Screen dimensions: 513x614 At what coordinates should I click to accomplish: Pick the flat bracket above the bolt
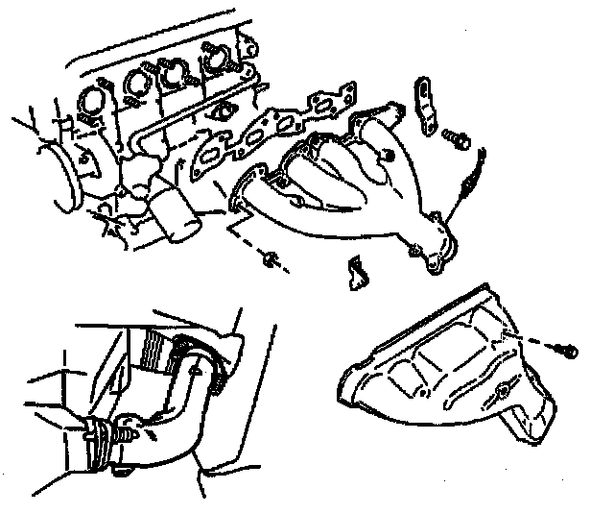click(424, 101)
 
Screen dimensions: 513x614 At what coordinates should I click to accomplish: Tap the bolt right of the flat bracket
click(458, 140)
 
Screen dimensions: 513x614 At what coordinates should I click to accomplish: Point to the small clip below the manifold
click(355, 272)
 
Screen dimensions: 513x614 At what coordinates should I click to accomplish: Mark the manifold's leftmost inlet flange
click(248, 188)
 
